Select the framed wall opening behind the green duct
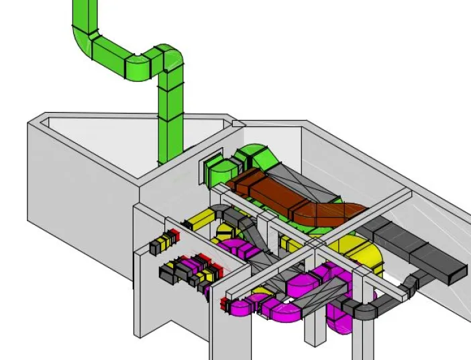(x=209, y=167)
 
